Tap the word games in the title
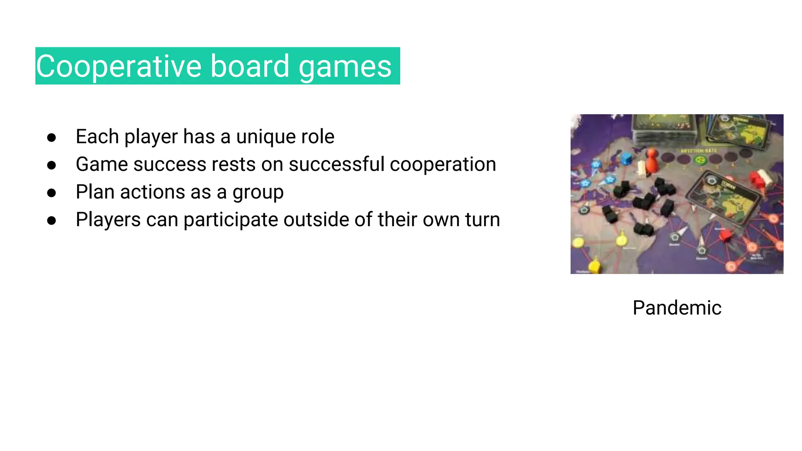pos(345,66)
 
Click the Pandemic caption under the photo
pos(677,308)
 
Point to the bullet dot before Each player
pos(51,137)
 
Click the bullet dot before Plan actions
pos(51,193)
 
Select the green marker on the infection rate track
pos(700,160)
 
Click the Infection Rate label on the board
pos(699,151)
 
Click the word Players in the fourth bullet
pos(108,220)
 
